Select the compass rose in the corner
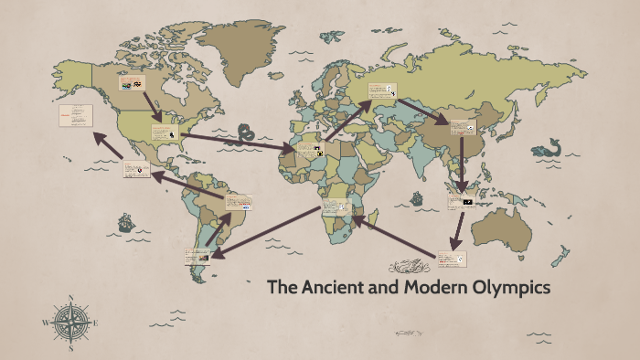point(70,323)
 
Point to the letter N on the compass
point(70,298)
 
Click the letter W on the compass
point(46,323)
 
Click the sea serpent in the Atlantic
point(245,135)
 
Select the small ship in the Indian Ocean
point(417,196)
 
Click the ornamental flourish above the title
point(408,267)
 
